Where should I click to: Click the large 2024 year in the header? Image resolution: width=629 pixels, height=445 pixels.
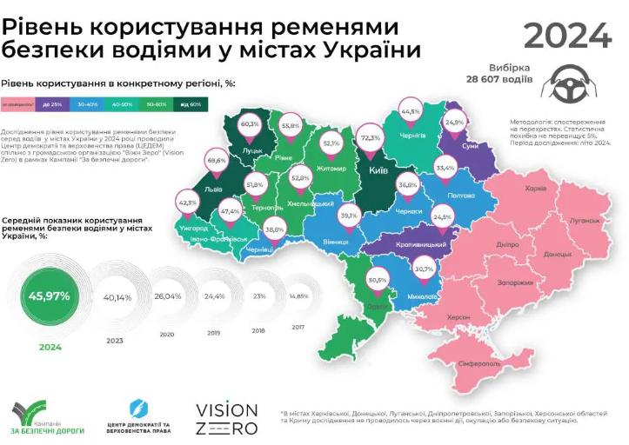(x=567, y=35)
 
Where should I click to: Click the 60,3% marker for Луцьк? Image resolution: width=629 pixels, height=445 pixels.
(x=250, y=124)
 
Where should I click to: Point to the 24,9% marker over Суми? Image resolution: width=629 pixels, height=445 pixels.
(x=454, y=123)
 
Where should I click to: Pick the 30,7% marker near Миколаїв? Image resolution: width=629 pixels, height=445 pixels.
(x=424, y=269)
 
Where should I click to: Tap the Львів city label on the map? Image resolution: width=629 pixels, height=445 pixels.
(x=212, y=188)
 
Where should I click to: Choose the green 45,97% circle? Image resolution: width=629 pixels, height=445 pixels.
(x=50, y=296)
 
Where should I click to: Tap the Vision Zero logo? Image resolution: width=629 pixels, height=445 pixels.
(x=225, y=418)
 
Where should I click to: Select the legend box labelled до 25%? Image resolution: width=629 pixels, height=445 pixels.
(x=51, y=105)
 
